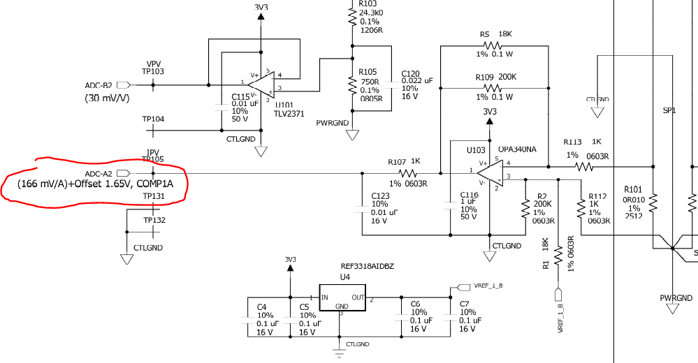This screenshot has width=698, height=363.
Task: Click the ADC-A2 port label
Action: click(x=98, y=172)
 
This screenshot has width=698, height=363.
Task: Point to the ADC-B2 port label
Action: click(x=99, y=85)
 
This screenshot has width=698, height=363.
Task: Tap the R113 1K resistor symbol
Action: click(x=582, y=166)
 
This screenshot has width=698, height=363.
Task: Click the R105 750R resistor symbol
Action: click(x=352, y=85)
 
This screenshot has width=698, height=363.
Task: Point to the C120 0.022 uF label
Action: click(x=417, y=81)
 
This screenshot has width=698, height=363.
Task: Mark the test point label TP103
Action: click(x=153, y=72)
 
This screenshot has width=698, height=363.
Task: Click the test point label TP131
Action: click(x=154, y=196)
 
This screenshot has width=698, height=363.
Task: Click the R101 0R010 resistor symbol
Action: click(x=653, y=203)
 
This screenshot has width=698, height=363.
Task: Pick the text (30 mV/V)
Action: click(x=108, y=98)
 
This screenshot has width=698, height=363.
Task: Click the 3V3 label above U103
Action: click(x=489, y=112)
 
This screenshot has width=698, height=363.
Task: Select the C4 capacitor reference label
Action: click(x=262, y=306)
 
